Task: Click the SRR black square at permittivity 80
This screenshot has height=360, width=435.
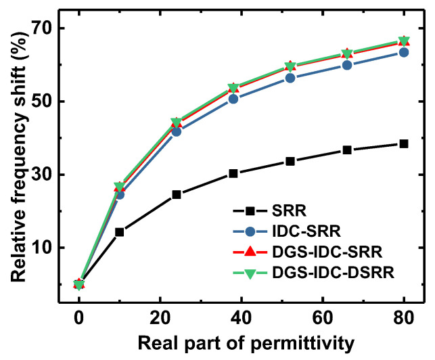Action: coord(404,143)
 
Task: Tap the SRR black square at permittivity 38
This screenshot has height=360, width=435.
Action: coord(233,173)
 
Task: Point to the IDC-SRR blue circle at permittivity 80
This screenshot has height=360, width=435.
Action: coord(404,52)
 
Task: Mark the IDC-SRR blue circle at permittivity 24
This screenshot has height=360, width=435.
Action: coord(177,131)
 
